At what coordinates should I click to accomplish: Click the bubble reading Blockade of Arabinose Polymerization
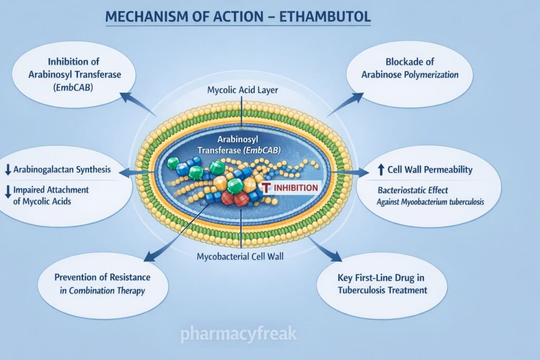409,68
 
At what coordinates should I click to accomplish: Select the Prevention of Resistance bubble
102,283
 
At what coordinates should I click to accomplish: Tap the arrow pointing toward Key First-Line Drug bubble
330,253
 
